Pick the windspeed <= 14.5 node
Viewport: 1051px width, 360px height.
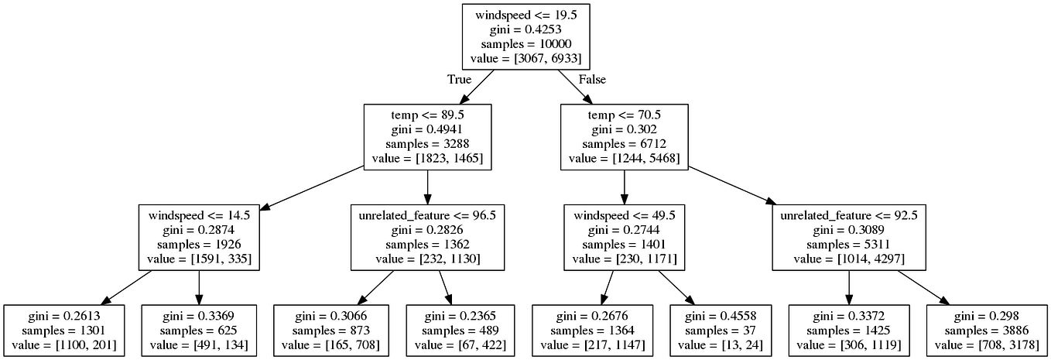point(199,237)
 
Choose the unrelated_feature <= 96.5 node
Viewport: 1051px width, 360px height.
point(427,237)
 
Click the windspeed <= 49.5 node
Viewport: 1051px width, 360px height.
point(624,237)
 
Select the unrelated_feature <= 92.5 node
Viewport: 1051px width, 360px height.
point(849,237)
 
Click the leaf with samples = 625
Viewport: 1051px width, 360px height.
point(199,331)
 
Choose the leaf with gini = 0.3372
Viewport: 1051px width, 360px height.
point(849,331)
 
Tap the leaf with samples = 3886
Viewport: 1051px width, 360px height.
point(985,331)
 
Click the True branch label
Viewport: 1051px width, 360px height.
point(459,80)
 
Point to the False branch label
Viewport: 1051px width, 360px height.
point(592,80)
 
